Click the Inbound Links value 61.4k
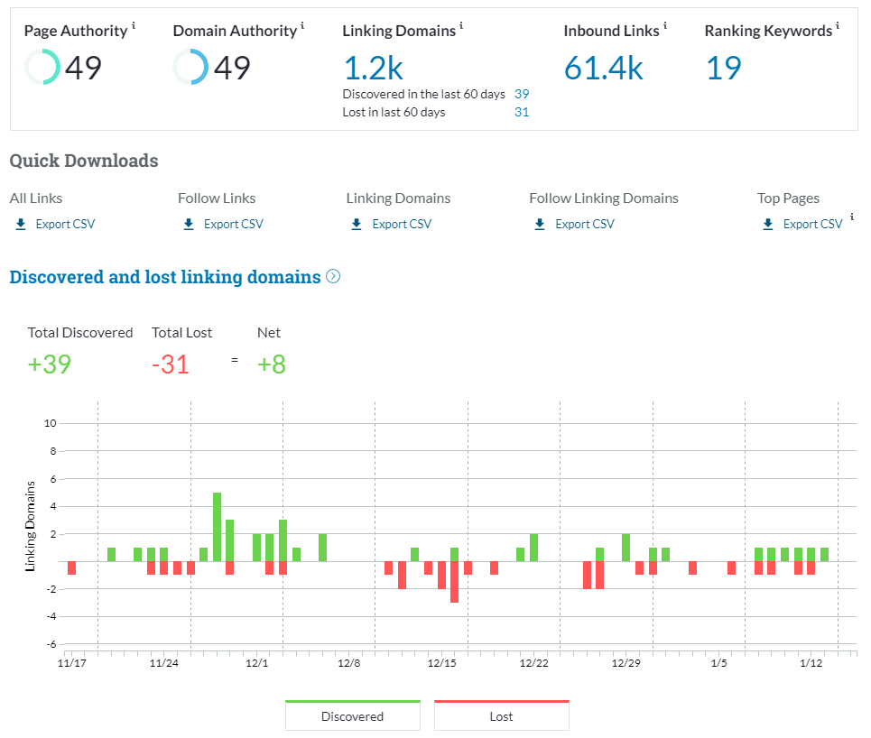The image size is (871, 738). [603, 68]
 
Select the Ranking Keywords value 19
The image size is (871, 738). [723, 68]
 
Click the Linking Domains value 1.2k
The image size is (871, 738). [373, 68]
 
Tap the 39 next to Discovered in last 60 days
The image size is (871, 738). [522, 94]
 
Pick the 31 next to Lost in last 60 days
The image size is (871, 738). [522, 112]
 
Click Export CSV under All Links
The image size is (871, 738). [64, 224]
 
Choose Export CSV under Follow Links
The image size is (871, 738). [233, 224]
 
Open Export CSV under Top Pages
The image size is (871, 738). [812, 224]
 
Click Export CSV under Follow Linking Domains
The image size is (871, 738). [584, 224]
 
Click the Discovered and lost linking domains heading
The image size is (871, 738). [165, 277]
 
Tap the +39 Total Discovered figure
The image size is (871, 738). [50, 364]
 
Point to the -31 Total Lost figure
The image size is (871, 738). [171, 364]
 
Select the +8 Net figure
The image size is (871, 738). [272, 364]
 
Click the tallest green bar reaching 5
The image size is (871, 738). [217, 527]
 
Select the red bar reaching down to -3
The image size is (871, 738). [454, 582]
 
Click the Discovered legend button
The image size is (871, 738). [352, 716]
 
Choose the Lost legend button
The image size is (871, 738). [501, 716]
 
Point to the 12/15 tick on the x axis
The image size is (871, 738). [441, 663]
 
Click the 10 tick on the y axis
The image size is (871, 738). [51, 423]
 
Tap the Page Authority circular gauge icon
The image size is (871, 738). [42, 68]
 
